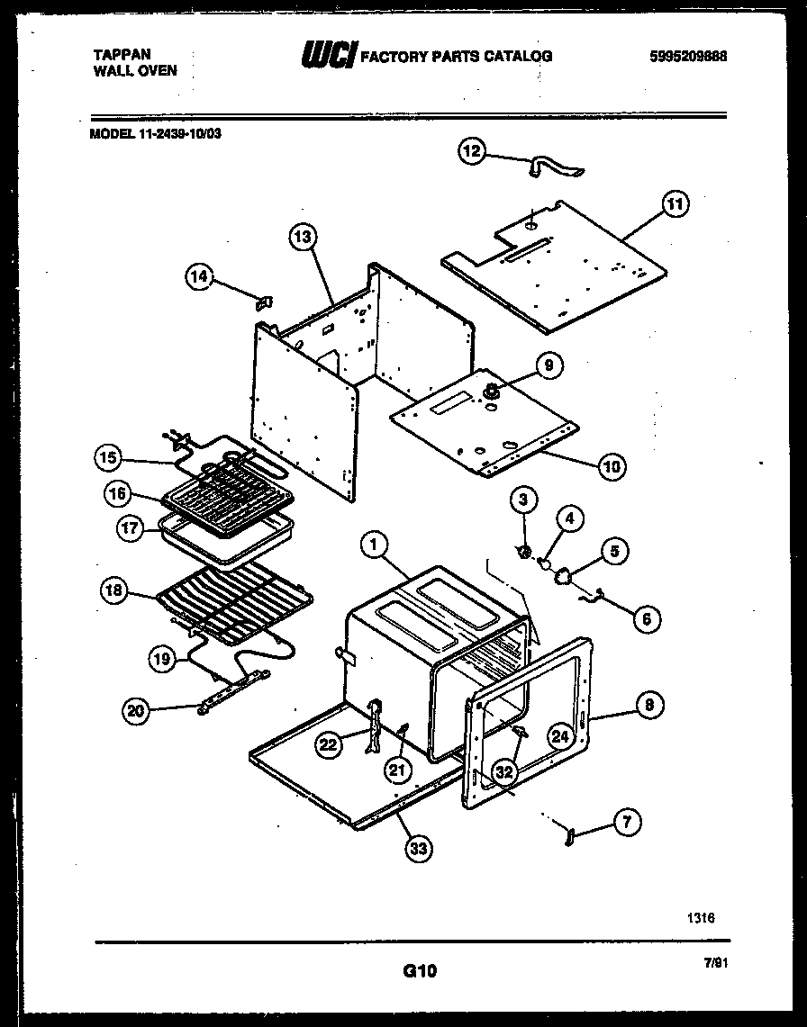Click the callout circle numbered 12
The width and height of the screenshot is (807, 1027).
[472, 150]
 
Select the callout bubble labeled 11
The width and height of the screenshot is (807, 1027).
[675, 204]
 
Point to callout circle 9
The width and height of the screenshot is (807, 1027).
[549, 365]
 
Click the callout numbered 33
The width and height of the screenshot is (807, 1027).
[418, 848]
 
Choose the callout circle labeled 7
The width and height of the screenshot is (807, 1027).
[627, 821]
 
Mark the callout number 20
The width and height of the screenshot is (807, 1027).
[135, 711]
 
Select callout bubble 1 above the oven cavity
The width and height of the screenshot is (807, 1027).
[372, 545]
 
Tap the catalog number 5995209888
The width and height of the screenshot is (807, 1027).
[687, 56]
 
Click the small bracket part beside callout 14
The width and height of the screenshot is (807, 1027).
[266, 302]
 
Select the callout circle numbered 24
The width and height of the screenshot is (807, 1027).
[560, 736]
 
